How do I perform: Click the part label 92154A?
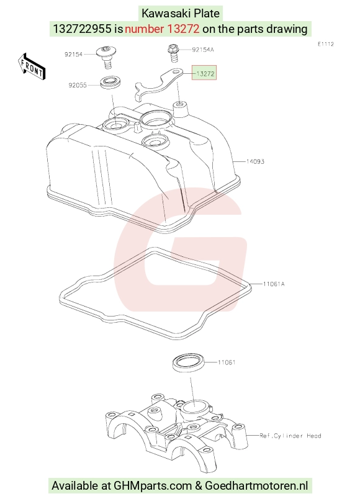(x=203, y=50)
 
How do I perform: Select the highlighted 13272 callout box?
(x=204, y=73)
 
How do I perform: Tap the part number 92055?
(x=78, y=85)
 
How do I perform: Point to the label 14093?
(x=255, y=161)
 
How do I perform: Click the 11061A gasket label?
(x=274, y=284)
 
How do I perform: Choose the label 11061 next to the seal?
(x=227, y=362)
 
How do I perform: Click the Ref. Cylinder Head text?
(x=290, y=435)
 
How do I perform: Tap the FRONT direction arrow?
(x=32, y=67)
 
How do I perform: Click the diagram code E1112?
(x=326, y=44)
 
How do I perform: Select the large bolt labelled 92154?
(x=107, y=56)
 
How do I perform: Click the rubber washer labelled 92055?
(x=110, y=82)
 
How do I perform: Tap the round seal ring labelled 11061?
(x=189, y=361)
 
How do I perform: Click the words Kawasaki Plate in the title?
(x=181, y=14)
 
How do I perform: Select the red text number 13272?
(x=162, y=29)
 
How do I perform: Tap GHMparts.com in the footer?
(x=153, y=485)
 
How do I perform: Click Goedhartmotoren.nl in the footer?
(x=256, y=485)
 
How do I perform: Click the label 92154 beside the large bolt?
(x=73, y=54)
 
